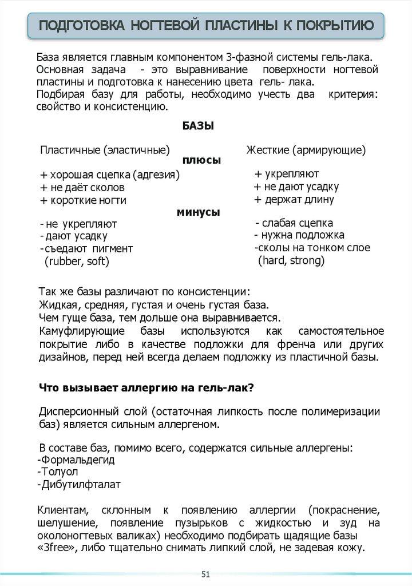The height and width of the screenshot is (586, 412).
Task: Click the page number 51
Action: click(x=205, y=574)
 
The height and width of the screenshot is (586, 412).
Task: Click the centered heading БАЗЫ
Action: click(x=198, y=126)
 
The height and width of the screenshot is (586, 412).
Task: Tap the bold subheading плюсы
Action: click(x=201, y=161)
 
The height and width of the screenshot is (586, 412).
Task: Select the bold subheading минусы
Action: click(x=198, y=212)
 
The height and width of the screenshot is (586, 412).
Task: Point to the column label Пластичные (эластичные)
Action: click(x=105, y=150)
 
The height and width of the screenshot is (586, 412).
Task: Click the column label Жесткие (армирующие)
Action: click(x=306, y=150)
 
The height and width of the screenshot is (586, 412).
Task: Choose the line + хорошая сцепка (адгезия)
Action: click(x=110, y=175)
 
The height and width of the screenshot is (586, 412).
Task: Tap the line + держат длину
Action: click(x=295, y=200)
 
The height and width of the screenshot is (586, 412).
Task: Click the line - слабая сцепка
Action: click(x=294, y=223)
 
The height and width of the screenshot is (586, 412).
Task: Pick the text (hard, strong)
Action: click(x=291, y=260)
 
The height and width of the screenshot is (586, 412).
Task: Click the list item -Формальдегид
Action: click(x=75, y=460)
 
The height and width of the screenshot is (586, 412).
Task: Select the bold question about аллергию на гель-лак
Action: click(x=146, y=387)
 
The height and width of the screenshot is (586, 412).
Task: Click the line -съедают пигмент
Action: click(x=86, y=248)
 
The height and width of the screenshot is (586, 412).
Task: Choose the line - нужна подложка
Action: click(x=299, y=235)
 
